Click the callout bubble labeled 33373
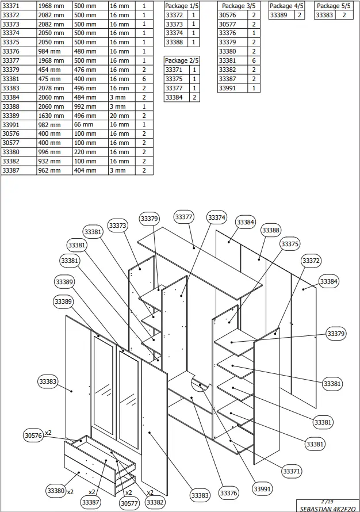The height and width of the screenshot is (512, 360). (117, 226)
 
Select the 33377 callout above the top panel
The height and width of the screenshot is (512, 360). (183, 217)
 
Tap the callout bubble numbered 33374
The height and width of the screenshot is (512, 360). (217, 218)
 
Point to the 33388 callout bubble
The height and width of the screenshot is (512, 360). (271, 230)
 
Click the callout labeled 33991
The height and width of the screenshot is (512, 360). (262, 488)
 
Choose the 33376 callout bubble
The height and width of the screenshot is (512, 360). (228, 494)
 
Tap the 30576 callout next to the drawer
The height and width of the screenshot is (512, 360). (33, 435)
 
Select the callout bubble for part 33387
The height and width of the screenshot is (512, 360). (91, 502)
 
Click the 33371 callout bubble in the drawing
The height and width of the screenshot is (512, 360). (292, 471)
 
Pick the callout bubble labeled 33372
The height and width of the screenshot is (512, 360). (311, 261)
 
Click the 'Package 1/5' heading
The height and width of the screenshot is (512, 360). (182, 5)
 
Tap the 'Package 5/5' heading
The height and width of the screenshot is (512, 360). (334, 5)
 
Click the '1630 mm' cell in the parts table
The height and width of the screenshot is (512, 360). (55, 115)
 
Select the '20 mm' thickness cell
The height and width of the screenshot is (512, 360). (120, 115)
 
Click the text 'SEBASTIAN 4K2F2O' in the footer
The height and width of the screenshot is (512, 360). (327, 509)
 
